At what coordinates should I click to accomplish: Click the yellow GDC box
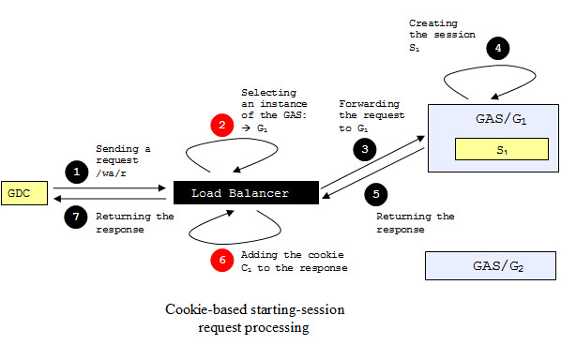pyautogui.click(x=20, y=192)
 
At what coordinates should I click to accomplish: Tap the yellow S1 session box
pyautogui.click(x=501, y=148)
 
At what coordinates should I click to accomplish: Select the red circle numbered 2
pyautogui.click(x=220, y=125)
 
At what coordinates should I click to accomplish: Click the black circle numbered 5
pyautogui.click(x=375, y=194)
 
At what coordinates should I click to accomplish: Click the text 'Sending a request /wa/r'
pyautogui.click(x=123, y=161)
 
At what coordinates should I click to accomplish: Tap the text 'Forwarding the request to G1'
pyautogui.click(x=371, y=115)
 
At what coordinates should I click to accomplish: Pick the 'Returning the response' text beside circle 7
pyautogui.click(x=134, y=221)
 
